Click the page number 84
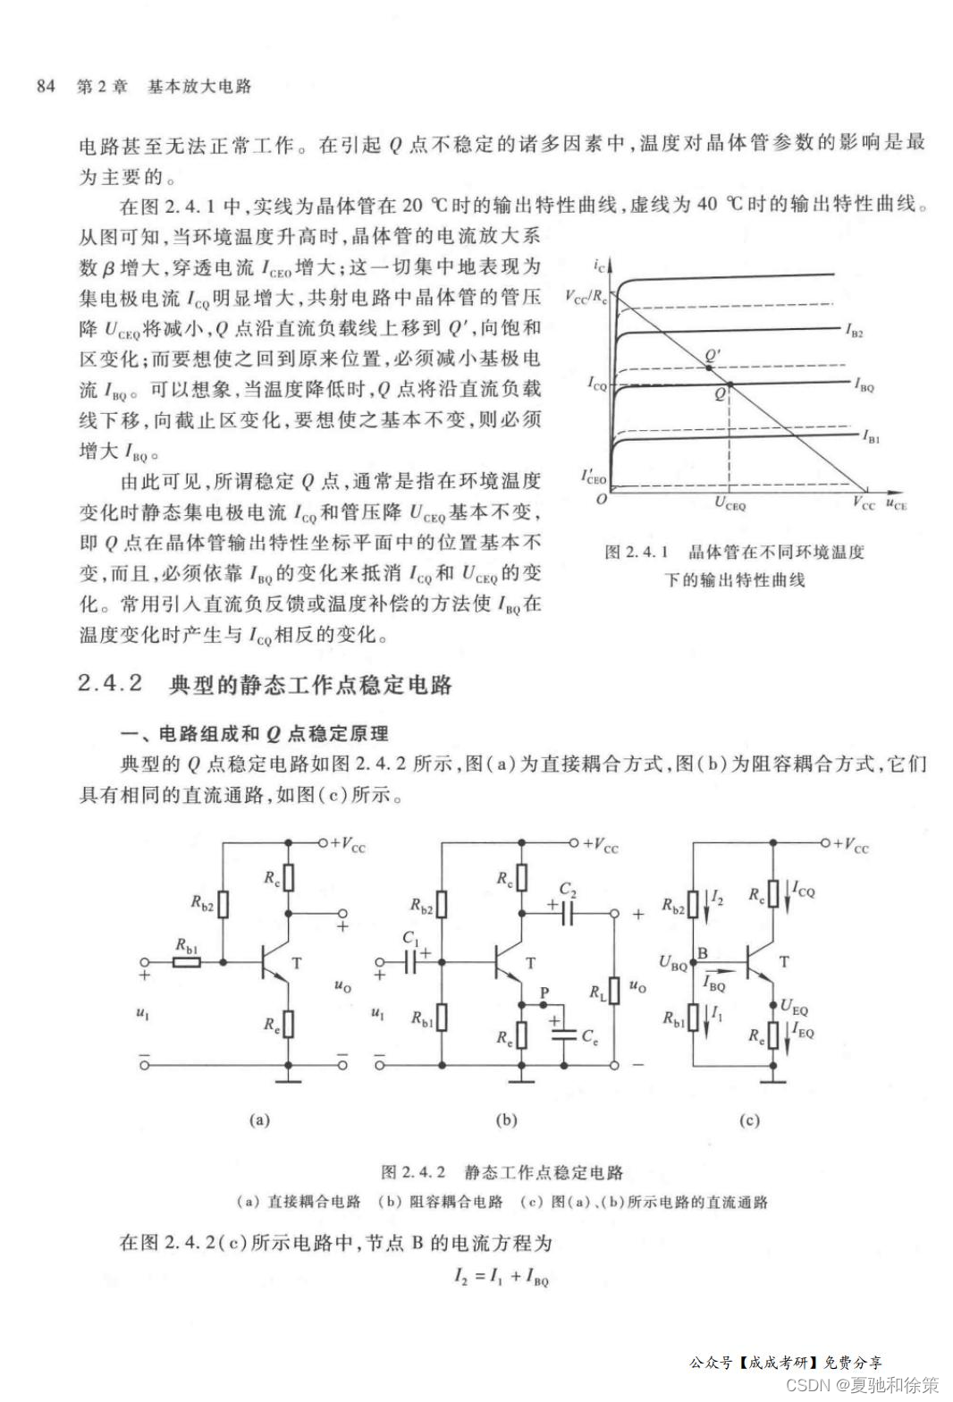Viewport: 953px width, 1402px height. [46, 86]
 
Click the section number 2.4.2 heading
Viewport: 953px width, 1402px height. [111, 684]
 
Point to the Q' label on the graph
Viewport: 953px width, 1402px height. [713, 356]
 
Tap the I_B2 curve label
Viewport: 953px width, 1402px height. [855, 332]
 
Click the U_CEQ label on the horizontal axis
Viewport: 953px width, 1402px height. [730, 505]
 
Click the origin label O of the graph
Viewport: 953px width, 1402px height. [602, 498]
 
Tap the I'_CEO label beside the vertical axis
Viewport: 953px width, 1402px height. [593, 477]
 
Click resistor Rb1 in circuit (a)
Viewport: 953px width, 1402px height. [187, 962]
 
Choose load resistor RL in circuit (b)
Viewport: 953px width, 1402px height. [614, 990]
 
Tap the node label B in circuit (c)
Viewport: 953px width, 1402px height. [703, 953]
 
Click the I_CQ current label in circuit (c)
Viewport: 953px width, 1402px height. [804, 891]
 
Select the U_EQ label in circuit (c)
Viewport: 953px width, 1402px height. [794, 1008]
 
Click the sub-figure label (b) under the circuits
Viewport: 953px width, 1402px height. [506, 1119]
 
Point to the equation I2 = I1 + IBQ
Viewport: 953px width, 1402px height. [501, 1279]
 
